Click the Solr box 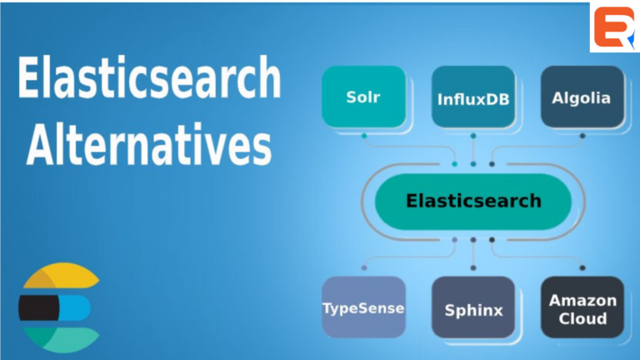coord(363,97)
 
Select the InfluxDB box coord(473,98)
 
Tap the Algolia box coord(582,97)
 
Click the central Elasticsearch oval coord(473,201)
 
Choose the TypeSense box coord(363,307)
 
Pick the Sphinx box coord(473,309)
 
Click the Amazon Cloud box coord(582,308)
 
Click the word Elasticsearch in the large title coord(148,80)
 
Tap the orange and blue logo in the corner coord(614,27)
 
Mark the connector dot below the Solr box coord(363,135)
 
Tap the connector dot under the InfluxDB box coord(473,135)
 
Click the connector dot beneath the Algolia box coord(582,135)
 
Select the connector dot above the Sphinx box coord(473,268)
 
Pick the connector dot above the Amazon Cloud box coord(582,268)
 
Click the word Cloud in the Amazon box coord(582,318)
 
